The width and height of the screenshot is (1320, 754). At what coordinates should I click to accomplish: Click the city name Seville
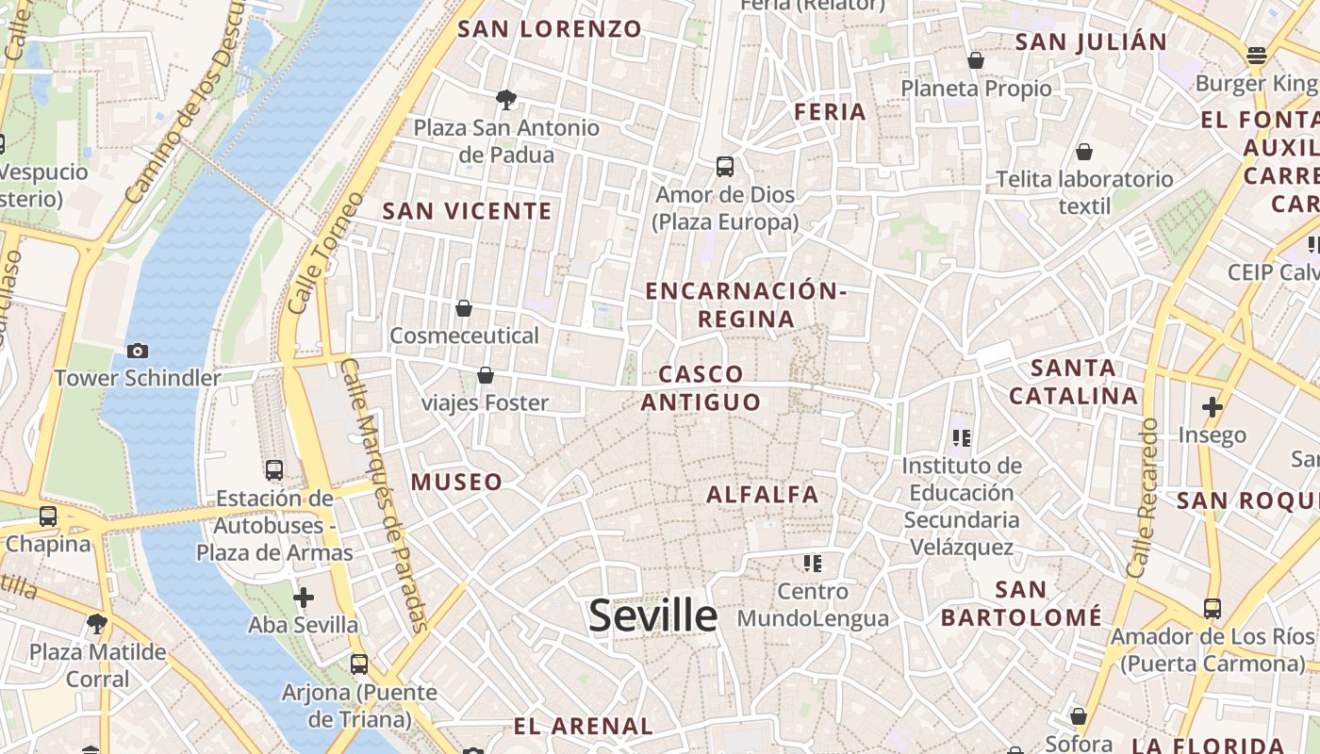tap(652, 615)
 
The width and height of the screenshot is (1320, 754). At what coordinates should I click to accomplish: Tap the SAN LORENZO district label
tap(550, 28)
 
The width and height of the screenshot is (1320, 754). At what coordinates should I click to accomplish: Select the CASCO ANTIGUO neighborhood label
tap(701, 388)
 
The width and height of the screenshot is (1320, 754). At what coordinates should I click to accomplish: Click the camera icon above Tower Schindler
tap(138, 351)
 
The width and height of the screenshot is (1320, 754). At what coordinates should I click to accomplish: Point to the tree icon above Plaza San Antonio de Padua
tap(506, 99)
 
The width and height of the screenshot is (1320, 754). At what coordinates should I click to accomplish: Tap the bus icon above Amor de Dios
tap(724, 167)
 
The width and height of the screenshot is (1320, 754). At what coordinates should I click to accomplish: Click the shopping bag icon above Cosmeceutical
tap(464, 308)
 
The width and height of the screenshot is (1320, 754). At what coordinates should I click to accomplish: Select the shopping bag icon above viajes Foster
tap(486, 376)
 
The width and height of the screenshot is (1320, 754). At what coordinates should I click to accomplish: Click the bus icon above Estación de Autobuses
tap(274, 470)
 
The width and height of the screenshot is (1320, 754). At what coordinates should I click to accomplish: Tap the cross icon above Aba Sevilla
tap(304, 598)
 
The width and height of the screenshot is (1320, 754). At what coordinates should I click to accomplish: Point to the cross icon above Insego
tap(1213, 407)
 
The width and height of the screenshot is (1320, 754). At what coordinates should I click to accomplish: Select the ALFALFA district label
tap(763, 494)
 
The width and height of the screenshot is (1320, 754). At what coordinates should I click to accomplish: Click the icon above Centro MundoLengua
tap(813, 564)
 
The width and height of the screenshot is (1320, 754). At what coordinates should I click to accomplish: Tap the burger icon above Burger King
tap(1256, 56)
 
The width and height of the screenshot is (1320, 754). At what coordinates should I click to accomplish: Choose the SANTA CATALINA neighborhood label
tap(1074, 382)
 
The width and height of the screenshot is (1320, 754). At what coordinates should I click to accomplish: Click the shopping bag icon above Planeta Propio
tap(976, 61)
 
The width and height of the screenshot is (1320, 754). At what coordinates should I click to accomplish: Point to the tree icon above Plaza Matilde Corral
tap(96, 624)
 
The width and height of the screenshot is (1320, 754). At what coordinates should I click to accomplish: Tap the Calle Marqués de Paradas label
tap(385, 495)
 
